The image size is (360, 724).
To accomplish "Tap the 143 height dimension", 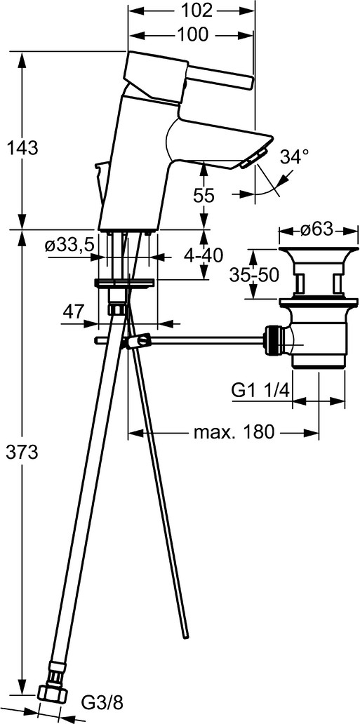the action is click(21, 148).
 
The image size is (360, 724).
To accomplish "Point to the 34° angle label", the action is click(295, 157).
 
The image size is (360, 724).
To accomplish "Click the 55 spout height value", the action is click(204, 196).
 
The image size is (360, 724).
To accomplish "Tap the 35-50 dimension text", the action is click(254, 275).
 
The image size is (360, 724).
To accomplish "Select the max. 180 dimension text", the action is click(234, 432).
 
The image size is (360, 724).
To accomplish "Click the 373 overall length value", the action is click(21, 453).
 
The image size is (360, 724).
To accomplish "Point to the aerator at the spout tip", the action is click(253, 158).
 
